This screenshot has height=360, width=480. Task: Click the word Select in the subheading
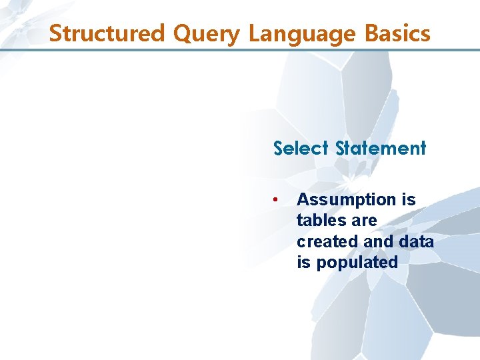pyautogui.click(x=301, y=148)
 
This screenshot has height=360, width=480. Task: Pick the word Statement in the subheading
pyautogui.click(x=381, y=148)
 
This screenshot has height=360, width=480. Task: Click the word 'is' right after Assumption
pyautogui.click(x=408, y=199)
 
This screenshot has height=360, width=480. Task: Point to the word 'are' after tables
pyautogui.click(x=363, y=221)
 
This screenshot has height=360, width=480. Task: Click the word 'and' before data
pyautogui.click(x=383, y=241)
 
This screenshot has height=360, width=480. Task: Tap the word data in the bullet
pyautogui.click(x=418, y=241)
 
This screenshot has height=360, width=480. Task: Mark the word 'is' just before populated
pyautogui.click(x=304, y=262)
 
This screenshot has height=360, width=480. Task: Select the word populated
pyautogui.click(x=357, y=263)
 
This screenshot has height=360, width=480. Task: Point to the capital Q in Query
pyautogui.click(x=182, y=33)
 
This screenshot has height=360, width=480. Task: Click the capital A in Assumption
pyautogui.click(x=303, y=199)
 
